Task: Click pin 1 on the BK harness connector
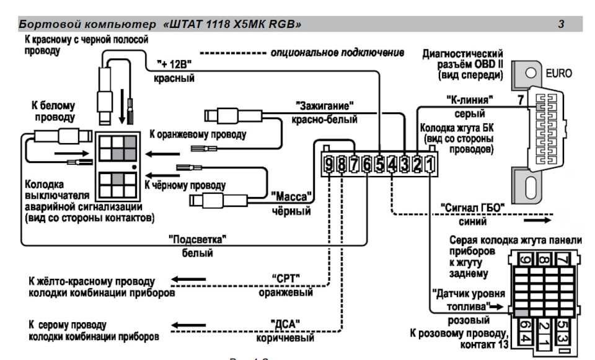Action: tap(430, 164)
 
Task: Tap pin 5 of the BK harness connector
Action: tap(379, 164)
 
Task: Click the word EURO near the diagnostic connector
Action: tap(558, 72)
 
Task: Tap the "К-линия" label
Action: tap(470, 99)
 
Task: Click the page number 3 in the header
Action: tap(561, 25)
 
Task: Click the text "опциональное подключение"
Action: tap(337, 52)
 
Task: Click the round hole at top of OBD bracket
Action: tap(530, 72)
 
